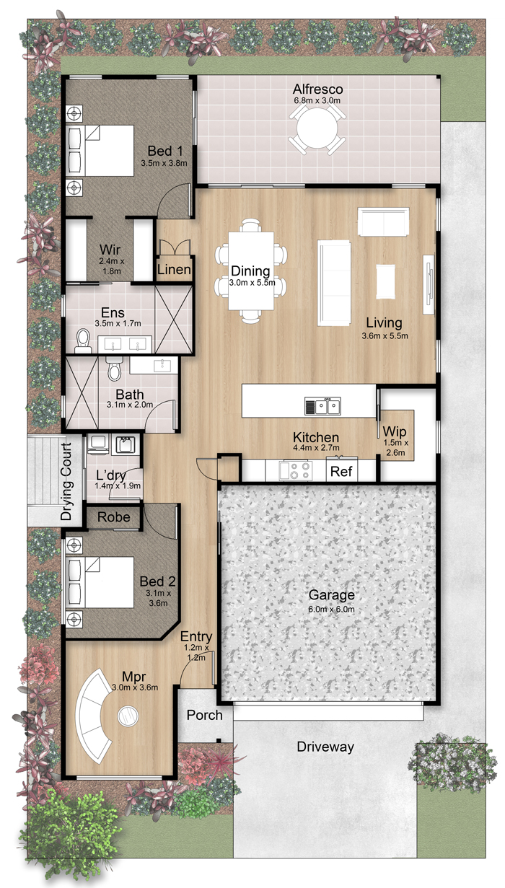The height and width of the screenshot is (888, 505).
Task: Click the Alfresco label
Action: (x=317, y=89)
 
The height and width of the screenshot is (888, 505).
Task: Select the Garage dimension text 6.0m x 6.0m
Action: (x=331, y=610)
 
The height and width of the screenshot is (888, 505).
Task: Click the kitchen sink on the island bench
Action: (x=322, y=405)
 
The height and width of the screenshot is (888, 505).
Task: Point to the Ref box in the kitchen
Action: (x=341, y=470)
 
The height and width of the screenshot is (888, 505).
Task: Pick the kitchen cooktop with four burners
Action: (x=295, y=470)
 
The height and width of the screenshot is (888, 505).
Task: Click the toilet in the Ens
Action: (x=83, y=340)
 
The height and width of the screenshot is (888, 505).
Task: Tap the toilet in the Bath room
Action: (x=114, y=369)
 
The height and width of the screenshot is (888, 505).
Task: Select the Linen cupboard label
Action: (x=174, y=270)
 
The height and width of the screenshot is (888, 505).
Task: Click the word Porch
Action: (x=205, y=715)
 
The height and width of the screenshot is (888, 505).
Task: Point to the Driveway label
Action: (x=325, y=747)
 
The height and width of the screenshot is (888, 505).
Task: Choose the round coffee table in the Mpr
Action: (x=128, y=716)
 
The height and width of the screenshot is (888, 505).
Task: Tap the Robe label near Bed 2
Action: (x=114, y=517)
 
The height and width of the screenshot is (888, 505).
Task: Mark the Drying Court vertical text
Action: (x=66, y=481)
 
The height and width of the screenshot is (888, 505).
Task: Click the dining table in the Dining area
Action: (x=251, y=271)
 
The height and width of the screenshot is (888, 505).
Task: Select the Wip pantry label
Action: (x=394, y=431)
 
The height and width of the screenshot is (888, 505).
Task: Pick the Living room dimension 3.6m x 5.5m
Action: (x=385, y=335)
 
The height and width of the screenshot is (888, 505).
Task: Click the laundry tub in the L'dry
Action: (x=126, y=445)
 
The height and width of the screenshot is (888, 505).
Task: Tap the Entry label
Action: (x=196, y=636)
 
